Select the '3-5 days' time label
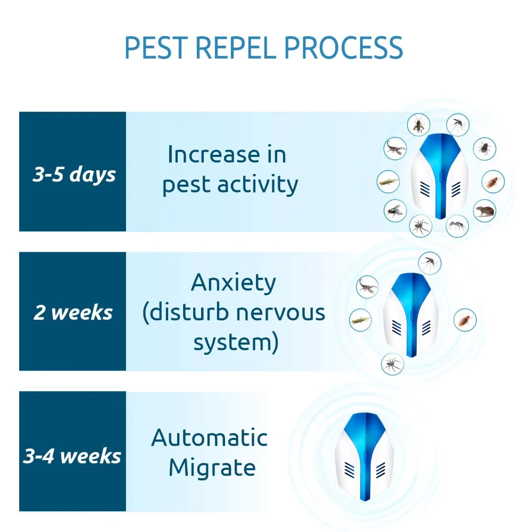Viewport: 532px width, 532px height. click(73, 174)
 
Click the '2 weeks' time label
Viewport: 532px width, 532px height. click(73, 312)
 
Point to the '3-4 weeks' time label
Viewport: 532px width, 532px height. click(72, 456)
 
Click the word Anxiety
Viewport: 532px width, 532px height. click(234, 283)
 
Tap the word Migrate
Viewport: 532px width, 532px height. click(212, 468)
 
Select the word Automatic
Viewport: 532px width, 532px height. click(209, 438)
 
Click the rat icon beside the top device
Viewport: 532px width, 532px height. click(484, 211)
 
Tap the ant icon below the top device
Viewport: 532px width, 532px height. click(457, 226)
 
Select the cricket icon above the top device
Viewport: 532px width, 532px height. click(419, 124)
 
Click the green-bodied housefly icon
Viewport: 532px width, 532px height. click(395, 211)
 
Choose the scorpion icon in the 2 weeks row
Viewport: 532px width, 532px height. click(367, 286)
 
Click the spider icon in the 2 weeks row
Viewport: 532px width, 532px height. click(393, 364)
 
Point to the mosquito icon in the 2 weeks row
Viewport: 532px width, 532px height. click(429, 262)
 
